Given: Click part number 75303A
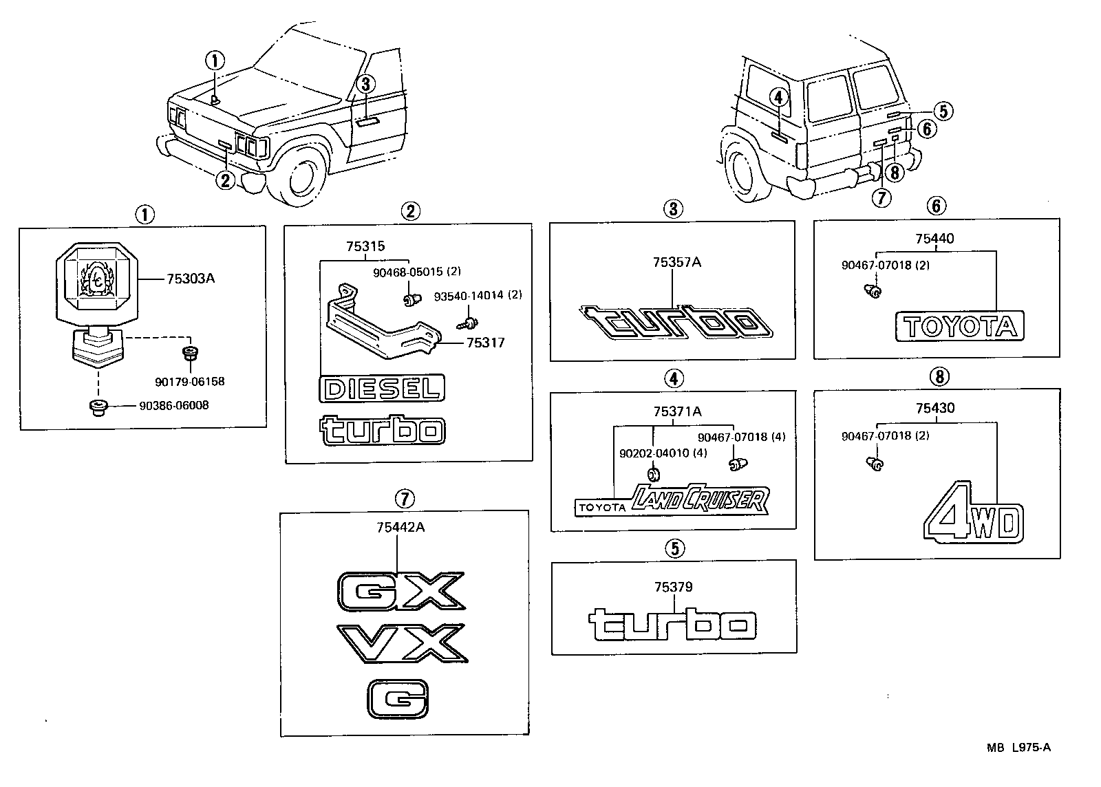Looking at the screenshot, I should click(x=191, y=279).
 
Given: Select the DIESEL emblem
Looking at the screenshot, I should click(x=382, y=389).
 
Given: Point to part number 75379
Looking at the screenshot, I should click(x=674, y=587).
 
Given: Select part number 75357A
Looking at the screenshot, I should click(x=677, y=262).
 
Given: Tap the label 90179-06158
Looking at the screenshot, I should click(x=191, y=381).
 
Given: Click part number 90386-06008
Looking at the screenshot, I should click(x=173, y=406).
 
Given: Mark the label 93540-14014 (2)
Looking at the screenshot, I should click(x=478, y=295).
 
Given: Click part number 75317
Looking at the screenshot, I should click(x=485, y=342).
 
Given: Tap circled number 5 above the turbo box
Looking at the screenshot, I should click(x=674, y=548).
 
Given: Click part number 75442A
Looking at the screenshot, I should click(x=400, y=528).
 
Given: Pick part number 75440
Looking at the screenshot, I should click(x=934, y=239).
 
